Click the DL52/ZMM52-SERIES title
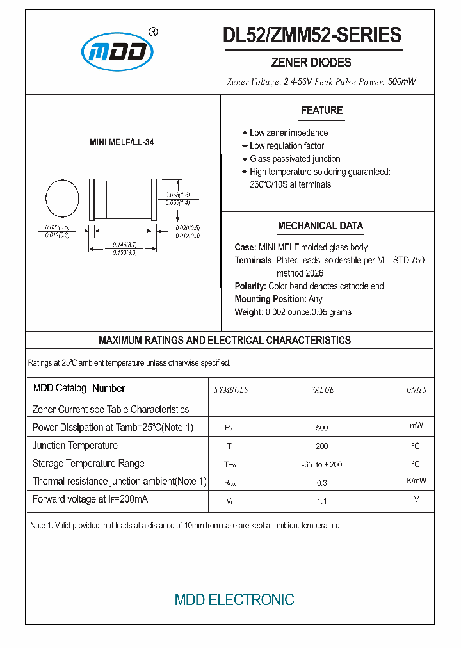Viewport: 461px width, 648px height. (x=312, y=35)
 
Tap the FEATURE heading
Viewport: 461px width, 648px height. (x=322, y=110)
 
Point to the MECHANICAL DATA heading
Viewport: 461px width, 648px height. (x=320, y=225)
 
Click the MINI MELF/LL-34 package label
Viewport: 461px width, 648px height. (x=122, y=143)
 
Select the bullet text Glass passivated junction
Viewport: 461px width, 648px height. (x=295, y=159)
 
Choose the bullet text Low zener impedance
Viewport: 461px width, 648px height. (x=289, y=133)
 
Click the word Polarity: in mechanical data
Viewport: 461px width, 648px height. (x=250, y=286)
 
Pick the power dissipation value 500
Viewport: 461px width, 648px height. (x=322, y=428)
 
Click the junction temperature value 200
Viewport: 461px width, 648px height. (x=322, y=446)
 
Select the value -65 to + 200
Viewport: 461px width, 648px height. (x=322, y=464)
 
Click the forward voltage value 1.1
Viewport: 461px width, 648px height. (x=322, y=501)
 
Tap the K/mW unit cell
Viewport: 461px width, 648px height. (x=416, y=481)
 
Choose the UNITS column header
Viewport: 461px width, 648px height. (x=416, y=389)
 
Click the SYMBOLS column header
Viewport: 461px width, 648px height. (x=230, y=389)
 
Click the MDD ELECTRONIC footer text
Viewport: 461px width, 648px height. (x=234, y=599)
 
